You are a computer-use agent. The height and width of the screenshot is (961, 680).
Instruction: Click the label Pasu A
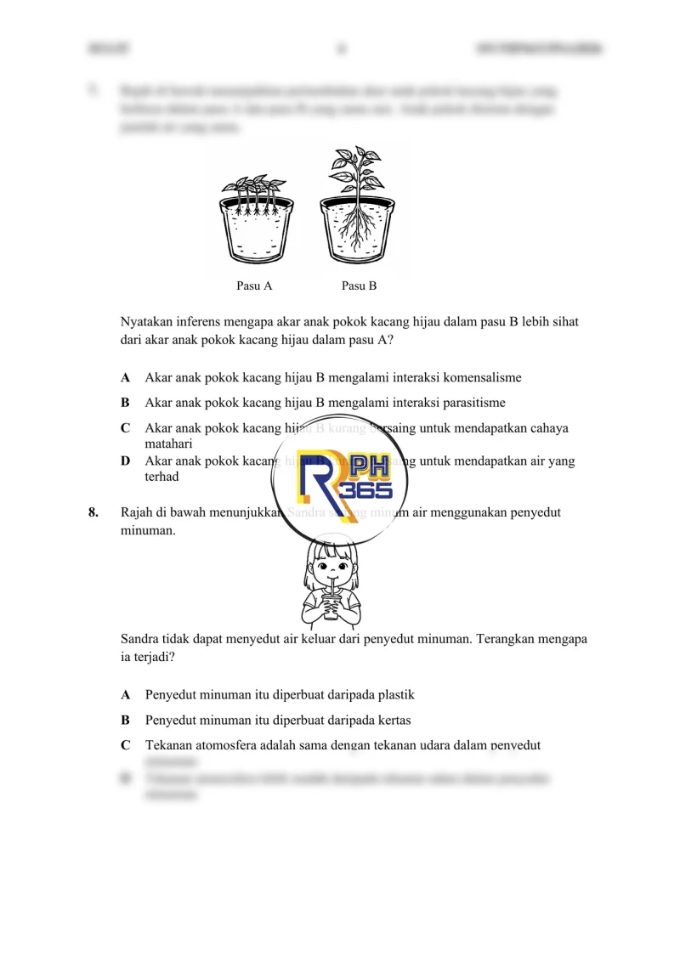pyautogui.click(x=254, y=285)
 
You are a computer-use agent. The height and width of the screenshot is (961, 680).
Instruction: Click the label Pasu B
pyautogui.click(x=359, y=285)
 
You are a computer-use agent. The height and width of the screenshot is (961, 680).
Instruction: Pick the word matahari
pyautogui.click(x=168, y=444)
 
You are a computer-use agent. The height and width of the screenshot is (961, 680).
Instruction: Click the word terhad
pyautogui.click(x=161, y=477)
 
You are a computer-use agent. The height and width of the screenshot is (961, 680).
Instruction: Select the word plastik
pyautogui.click(x=392, y=695)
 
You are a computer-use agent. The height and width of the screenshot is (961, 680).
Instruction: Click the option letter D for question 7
pyautogui.click(x=126, y=461)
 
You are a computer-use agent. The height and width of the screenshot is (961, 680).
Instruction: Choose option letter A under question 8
pyautogui.click(x=126, y=695)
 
